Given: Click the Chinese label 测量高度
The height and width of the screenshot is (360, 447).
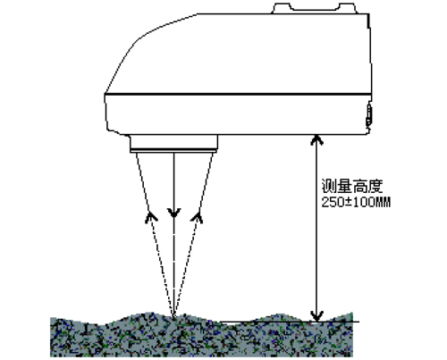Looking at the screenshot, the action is (352, 186).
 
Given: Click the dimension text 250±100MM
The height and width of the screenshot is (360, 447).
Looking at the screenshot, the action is (356, 203).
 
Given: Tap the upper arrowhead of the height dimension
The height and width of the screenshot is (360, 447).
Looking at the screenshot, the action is (317, 139).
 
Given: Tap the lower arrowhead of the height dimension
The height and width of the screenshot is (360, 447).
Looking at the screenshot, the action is (317, 316).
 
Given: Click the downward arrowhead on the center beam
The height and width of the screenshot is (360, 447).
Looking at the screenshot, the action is (173, 213).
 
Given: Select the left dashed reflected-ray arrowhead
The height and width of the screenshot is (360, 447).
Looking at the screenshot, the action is (151, 217).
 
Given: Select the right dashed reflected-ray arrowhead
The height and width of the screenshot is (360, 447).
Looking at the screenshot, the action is (198, 217).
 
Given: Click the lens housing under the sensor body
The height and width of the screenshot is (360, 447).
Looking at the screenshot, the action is (173, 144).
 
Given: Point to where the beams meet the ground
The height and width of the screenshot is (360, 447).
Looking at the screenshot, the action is (173, 316).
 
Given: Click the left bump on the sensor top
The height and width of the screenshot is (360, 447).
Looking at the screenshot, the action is (282, 8).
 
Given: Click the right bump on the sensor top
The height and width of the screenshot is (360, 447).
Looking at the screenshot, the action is (348, 8).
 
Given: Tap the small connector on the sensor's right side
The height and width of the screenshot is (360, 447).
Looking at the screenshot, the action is (369, 114).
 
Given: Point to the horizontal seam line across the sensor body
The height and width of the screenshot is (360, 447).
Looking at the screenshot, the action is (238, 95).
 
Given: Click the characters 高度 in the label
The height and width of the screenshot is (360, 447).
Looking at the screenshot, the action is (367, 186).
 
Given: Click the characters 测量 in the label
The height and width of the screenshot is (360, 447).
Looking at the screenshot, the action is (336, 186).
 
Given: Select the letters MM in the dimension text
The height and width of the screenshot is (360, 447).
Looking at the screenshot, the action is (384, 203).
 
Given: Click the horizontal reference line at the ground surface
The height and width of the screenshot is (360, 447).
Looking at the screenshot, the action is (290, 322).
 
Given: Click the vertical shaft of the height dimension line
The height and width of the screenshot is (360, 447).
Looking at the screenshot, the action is (317, 228).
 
